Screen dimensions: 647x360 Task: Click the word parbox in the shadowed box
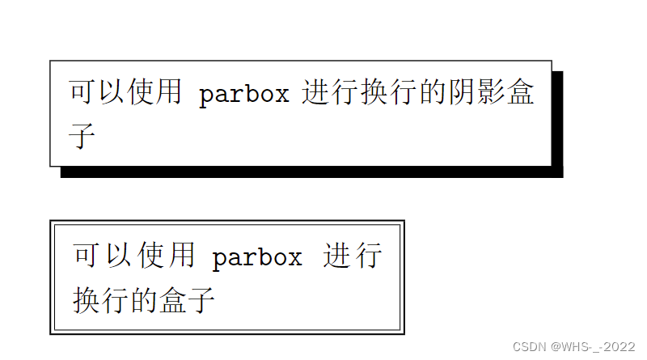point(243,95)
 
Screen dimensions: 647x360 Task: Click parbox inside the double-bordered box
point(257,257)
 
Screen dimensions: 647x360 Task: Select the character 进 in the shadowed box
point(316,93)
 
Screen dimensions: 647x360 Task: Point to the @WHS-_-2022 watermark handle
point(594,346)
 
